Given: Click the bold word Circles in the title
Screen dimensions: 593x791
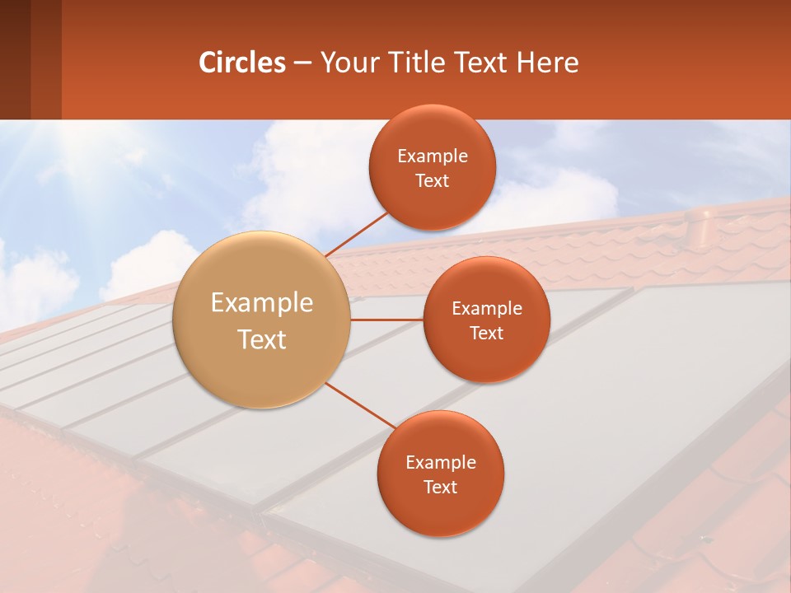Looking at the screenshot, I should [242, 63].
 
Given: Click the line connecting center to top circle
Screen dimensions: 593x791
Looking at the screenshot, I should [358, 233].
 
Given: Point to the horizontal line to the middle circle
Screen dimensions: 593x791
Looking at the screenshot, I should [386, 320].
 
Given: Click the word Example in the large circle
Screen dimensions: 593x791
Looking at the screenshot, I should [262, 303].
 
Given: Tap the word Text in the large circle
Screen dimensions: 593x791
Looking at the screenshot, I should [262, 339].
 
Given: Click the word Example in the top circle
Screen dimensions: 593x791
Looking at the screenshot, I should [433, 156].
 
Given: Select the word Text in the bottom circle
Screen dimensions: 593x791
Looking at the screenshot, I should [440, 487].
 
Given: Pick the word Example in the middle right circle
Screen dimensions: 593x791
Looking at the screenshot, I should [487, 309].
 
